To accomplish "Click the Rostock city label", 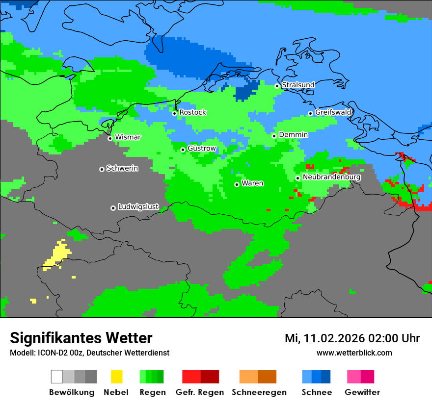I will pos(192,112).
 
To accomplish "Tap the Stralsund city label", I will pos(298,85).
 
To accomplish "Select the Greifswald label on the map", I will pos(333,112).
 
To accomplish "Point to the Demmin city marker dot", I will pos(274,136).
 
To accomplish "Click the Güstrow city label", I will pos(202,148).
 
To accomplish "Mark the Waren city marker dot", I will pos(237,184).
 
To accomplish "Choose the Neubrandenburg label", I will pos(332,177).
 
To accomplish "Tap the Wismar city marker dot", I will pos(110,138).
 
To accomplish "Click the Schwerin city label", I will pos(122,168).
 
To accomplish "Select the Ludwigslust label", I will pos(138,207).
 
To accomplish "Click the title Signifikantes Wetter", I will pos(81,338).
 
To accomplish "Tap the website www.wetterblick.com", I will pos(354,353).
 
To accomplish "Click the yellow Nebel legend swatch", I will pos(116,377).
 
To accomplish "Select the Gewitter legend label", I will pos(362,392).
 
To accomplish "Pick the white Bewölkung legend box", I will pos(57,377).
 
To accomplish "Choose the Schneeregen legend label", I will pos(258,392).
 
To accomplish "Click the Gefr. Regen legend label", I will pos(200,392).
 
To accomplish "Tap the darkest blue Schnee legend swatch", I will pos(326,377).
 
